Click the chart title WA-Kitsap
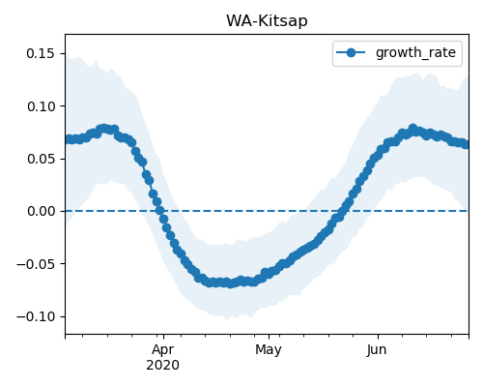click(x=267, y=21)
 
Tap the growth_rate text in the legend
click(x=415, y=52)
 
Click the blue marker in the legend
click(x=351, y=52)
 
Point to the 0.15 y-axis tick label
click(x=41, y=53)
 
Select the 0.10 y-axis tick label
click(x=41, y=106)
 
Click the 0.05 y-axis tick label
click(x=41, y=159)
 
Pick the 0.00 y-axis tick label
click(x=41, y=211)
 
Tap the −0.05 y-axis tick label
click(x=36, y=264)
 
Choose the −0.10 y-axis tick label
click(x=36, y=316)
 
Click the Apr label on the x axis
click(x=163, y=350)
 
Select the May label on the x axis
click(x=269, y=350)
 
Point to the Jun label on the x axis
click(x=377, y=350)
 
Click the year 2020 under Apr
click(x=163, y=366)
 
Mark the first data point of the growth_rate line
click(x=68, y=139)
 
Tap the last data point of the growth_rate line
click(x=466, y=144)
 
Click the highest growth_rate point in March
click(x=103, y=129)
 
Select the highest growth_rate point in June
click(x=412, y=129)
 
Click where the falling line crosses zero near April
click(x=160, y=211)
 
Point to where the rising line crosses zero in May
click(x=342, y=211)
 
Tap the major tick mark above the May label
click(x=269, y=337)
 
